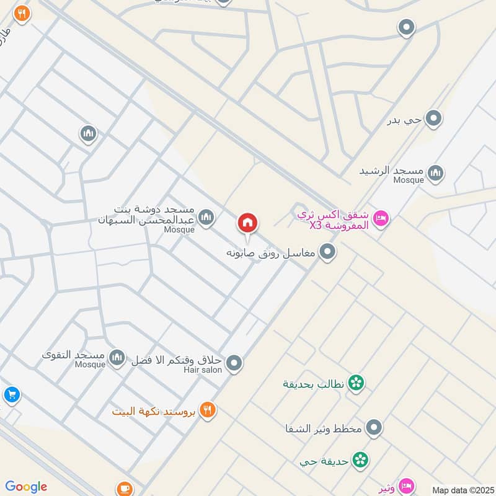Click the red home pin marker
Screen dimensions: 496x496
click(247, 223)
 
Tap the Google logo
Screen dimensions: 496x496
click(26, 487)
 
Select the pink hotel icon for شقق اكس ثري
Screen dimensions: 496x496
click(381, 218)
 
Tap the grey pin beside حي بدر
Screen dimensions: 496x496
click(434, 118)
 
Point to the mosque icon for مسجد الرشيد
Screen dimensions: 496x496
click(436, 171)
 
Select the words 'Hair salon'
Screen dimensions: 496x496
click(202, 370)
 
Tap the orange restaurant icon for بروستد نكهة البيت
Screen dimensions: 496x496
click(208, 410)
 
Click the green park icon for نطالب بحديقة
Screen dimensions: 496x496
click(356, 383)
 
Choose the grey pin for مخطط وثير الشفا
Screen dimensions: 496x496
click(373, 427)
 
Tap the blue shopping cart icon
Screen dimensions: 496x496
click(11, 394)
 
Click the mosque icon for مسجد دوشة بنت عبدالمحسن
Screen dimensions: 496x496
click(206, 217)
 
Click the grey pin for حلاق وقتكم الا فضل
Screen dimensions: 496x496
click(234, 363)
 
